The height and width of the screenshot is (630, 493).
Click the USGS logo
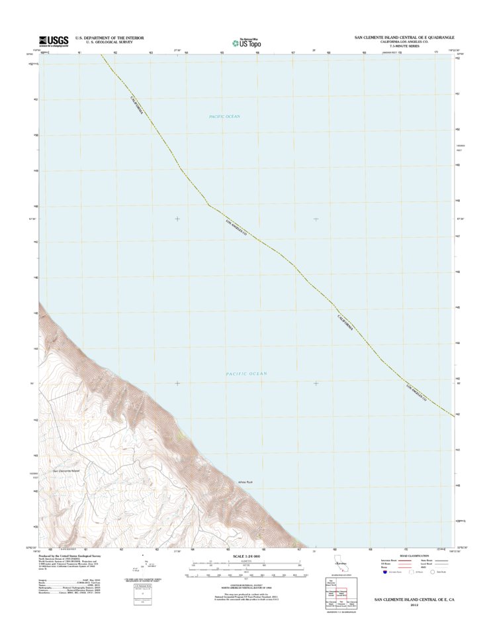point(54,40)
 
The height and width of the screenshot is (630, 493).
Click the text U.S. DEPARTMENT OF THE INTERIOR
point(109,38)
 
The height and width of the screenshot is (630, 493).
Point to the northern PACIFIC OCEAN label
point(224,117)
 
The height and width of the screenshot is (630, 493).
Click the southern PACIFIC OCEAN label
point(246,374)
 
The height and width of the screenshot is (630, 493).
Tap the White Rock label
point(246,482)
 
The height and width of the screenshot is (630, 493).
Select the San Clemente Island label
point(66,471)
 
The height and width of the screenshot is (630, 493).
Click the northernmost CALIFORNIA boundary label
point(136,106)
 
